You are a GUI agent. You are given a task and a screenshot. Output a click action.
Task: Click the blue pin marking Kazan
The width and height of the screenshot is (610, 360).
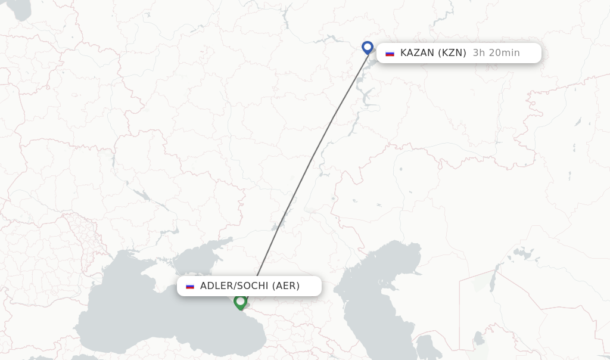tap(368, 47)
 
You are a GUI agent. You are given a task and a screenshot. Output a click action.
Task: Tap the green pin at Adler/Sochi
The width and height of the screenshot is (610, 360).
tap(240, 302)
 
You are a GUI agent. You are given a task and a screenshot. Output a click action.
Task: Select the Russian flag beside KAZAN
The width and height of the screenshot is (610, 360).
tap(390, 53)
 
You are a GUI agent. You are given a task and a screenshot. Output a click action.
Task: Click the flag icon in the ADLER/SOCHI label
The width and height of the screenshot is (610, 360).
tap(190, 286)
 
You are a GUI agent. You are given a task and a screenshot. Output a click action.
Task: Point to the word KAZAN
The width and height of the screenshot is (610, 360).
tap(418, 53)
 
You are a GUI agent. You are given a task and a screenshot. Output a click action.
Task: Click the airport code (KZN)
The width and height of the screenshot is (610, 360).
tap(452, 53)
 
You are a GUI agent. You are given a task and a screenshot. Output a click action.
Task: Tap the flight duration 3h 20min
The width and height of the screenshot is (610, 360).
tap(496, 53)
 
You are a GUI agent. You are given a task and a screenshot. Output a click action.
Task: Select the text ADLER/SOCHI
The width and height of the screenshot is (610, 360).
tap(234, 286)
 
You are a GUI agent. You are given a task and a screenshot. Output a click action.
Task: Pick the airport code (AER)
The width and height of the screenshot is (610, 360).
tap(286, 286)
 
